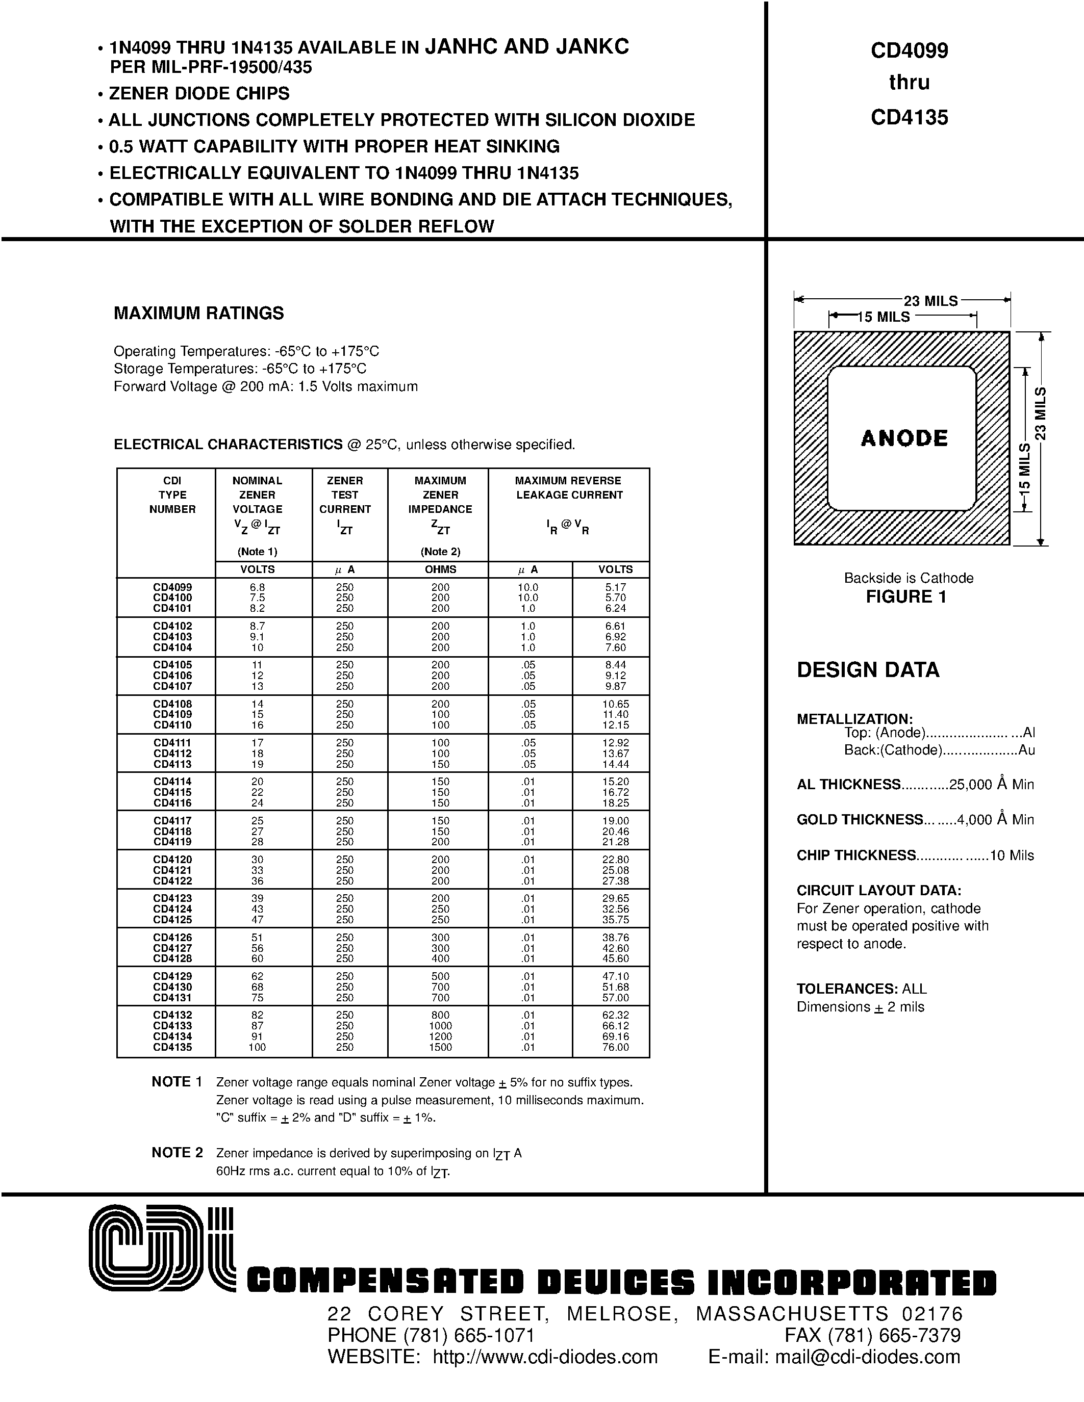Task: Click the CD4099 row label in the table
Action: [x=172, y=587]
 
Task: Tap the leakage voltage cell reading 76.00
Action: [x=615, y=1047]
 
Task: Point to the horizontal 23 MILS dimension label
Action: [x=930, y=300]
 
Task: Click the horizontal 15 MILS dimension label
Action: [x=884, y=317]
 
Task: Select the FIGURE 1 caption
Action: [x=906, y=597]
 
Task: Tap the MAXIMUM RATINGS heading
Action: [x=198, y=313]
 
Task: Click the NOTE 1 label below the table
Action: [x=177, y=1082]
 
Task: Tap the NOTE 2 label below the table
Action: [x=177, y=1152]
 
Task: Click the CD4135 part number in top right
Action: [x=909, y=117]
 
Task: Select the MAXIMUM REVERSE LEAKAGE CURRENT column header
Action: [x=568, y=488]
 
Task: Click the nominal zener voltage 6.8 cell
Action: [x=257, y=587]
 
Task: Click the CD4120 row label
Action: [x=172, y=859]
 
